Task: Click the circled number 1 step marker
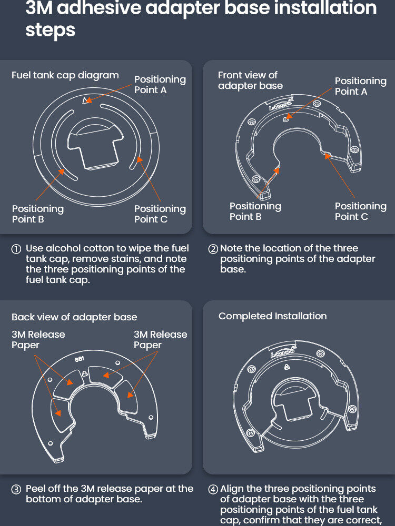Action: (16, 249)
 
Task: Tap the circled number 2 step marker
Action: (213, 249)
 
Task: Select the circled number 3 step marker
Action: (16, 489)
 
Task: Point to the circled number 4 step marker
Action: (213, 489)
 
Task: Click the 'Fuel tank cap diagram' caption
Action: (65, 75)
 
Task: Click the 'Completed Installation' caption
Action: (272, 316)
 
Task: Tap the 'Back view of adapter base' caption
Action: (74, 317)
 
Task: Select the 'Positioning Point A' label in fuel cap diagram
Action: (160, 85)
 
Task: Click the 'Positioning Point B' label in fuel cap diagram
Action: (38, 214)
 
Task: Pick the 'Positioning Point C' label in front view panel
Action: (361, 211)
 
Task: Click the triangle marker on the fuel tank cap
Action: (87, 100)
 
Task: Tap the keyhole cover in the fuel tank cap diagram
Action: (95, 144)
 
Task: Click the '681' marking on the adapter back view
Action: (80, 359)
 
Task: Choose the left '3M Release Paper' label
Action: (38, 339)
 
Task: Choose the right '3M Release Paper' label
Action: (161, 339)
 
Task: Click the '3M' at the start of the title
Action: (39, 8)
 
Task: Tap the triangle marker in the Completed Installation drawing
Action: (287, 367)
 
